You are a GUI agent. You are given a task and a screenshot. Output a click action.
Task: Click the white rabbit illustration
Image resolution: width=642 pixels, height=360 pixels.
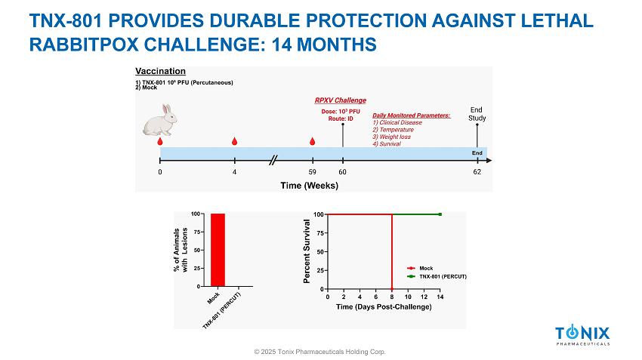(159, 120)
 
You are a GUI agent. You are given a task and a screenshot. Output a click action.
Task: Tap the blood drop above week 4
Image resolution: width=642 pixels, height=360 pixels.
(234, 141)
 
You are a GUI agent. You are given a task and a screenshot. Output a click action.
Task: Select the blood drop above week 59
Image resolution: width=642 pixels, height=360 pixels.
(313, 141)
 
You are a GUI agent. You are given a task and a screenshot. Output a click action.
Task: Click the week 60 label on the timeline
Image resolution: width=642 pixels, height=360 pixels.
(342, 172)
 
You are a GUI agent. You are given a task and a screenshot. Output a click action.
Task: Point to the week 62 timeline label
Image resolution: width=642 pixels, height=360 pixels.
(477, 172)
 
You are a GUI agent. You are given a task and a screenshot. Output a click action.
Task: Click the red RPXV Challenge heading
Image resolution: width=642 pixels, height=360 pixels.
(340, 100)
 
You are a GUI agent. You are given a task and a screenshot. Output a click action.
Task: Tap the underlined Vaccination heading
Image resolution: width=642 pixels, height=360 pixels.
(160, 71)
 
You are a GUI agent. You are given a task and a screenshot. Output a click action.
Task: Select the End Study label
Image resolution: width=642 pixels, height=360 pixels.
(477, 114)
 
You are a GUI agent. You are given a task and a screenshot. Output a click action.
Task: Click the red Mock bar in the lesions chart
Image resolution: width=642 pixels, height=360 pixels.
(218, 250)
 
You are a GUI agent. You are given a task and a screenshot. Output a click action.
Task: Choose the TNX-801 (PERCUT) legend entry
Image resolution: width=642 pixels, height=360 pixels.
(437, 276)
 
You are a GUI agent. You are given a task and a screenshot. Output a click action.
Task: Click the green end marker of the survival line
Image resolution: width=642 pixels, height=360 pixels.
(440, 214)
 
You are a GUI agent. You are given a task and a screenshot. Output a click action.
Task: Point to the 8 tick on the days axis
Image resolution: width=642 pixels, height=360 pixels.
(392, 297)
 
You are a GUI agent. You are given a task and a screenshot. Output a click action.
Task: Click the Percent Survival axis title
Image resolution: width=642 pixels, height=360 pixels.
(307, 251)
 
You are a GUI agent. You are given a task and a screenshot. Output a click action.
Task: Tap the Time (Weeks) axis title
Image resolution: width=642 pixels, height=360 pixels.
(309, 186)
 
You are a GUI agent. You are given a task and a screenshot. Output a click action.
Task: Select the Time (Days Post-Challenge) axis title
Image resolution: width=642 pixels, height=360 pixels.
(384, 307)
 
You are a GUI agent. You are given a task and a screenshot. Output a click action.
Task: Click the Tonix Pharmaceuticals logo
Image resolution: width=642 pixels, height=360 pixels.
(582, 335)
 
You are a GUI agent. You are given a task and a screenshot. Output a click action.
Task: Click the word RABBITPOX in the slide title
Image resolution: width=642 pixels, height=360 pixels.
(84, 45)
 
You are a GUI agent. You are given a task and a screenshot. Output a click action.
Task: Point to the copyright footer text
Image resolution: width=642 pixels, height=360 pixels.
(319, 352)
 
